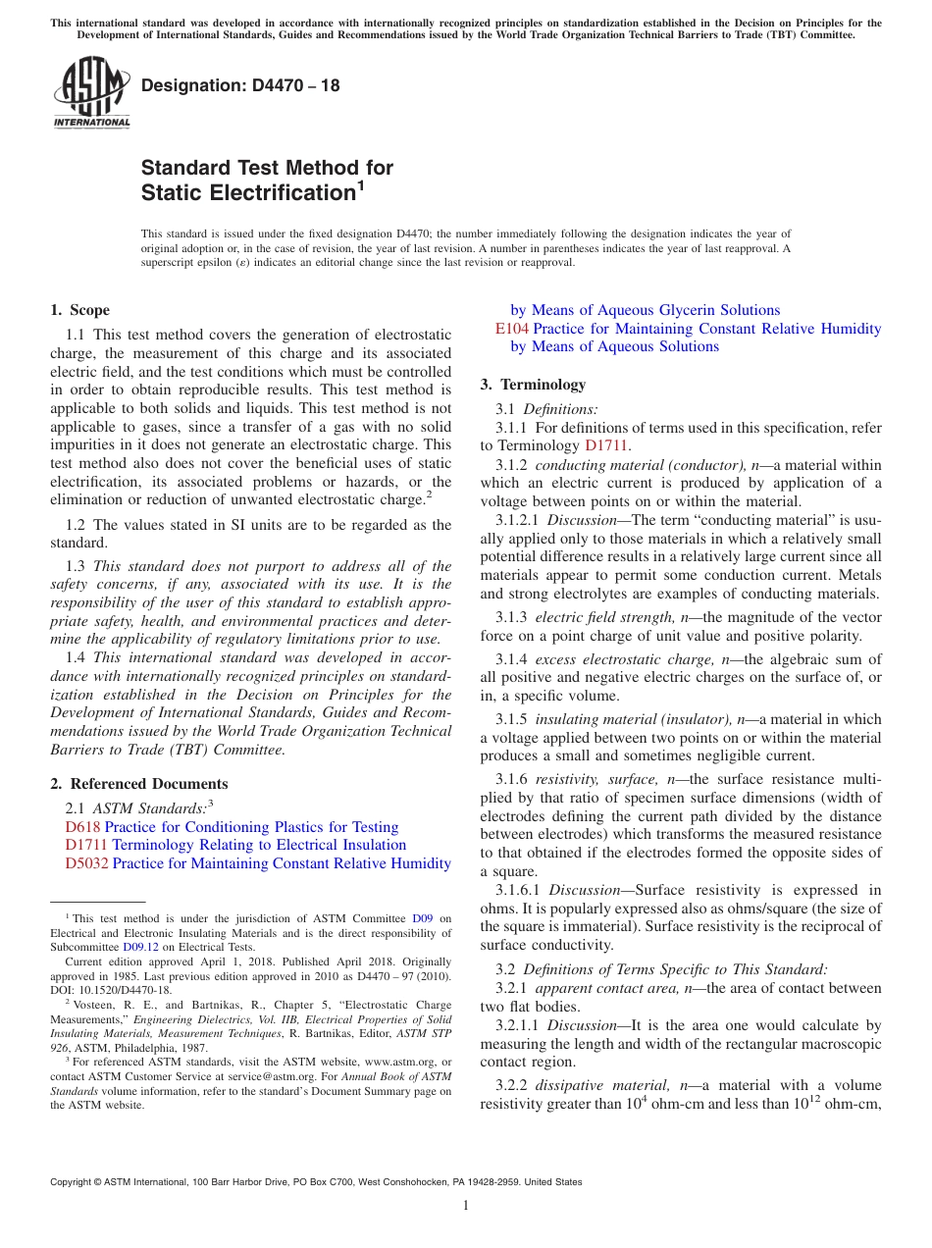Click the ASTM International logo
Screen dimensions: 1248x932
point(91,92)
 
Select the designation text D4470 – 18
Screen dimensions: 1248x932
point(240,85)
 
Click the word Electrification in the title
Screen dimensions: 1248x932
point(245,192)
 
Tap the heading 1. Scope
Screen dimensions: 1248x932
point(79,310)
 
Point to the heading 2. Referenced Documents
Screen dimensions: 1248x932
point(138,784)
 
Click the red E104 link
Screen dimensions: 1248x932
point(512,329)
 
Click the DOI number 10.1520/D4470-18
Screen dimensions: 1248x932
point(120,990)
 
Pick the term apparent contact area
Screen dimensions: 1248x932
point(605,988)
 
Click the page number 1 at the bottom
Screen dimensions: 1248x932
point(466,1205)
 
